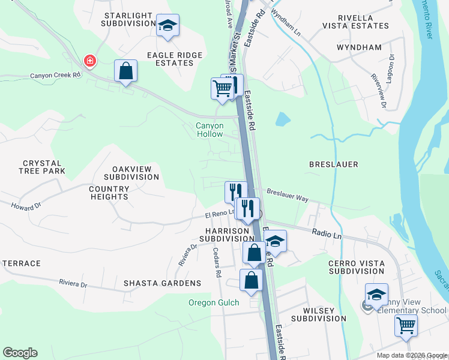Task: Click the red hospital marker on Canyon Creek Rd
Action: [x=89, y=61]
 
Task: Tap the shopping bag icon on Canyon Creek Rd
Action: [x=126, y=71]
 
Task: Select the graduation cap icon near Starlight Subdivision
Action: [x=168, y=25]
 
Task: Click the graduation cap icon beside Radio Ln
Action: [x=275, y=241]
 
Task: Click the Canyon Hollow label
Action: [x=209, y=130]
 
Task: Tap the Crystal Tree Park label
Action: [x=42, y=167]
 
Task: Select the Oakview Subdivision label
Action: [x=131, y=173]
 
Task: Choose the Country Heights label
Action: [x=109, y=193]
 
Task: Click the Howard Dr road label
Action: [x=26, y=206]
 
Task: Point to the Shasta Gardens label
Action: [x=162, y=283]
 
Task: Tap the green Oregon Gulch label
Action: [x=214, y=303]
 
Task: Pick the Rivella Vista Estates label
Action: [x=355, y=22]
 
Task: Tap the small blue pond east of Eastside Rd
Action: [x=283, y=119]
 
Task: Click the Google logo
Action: [x=20, y=353]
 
